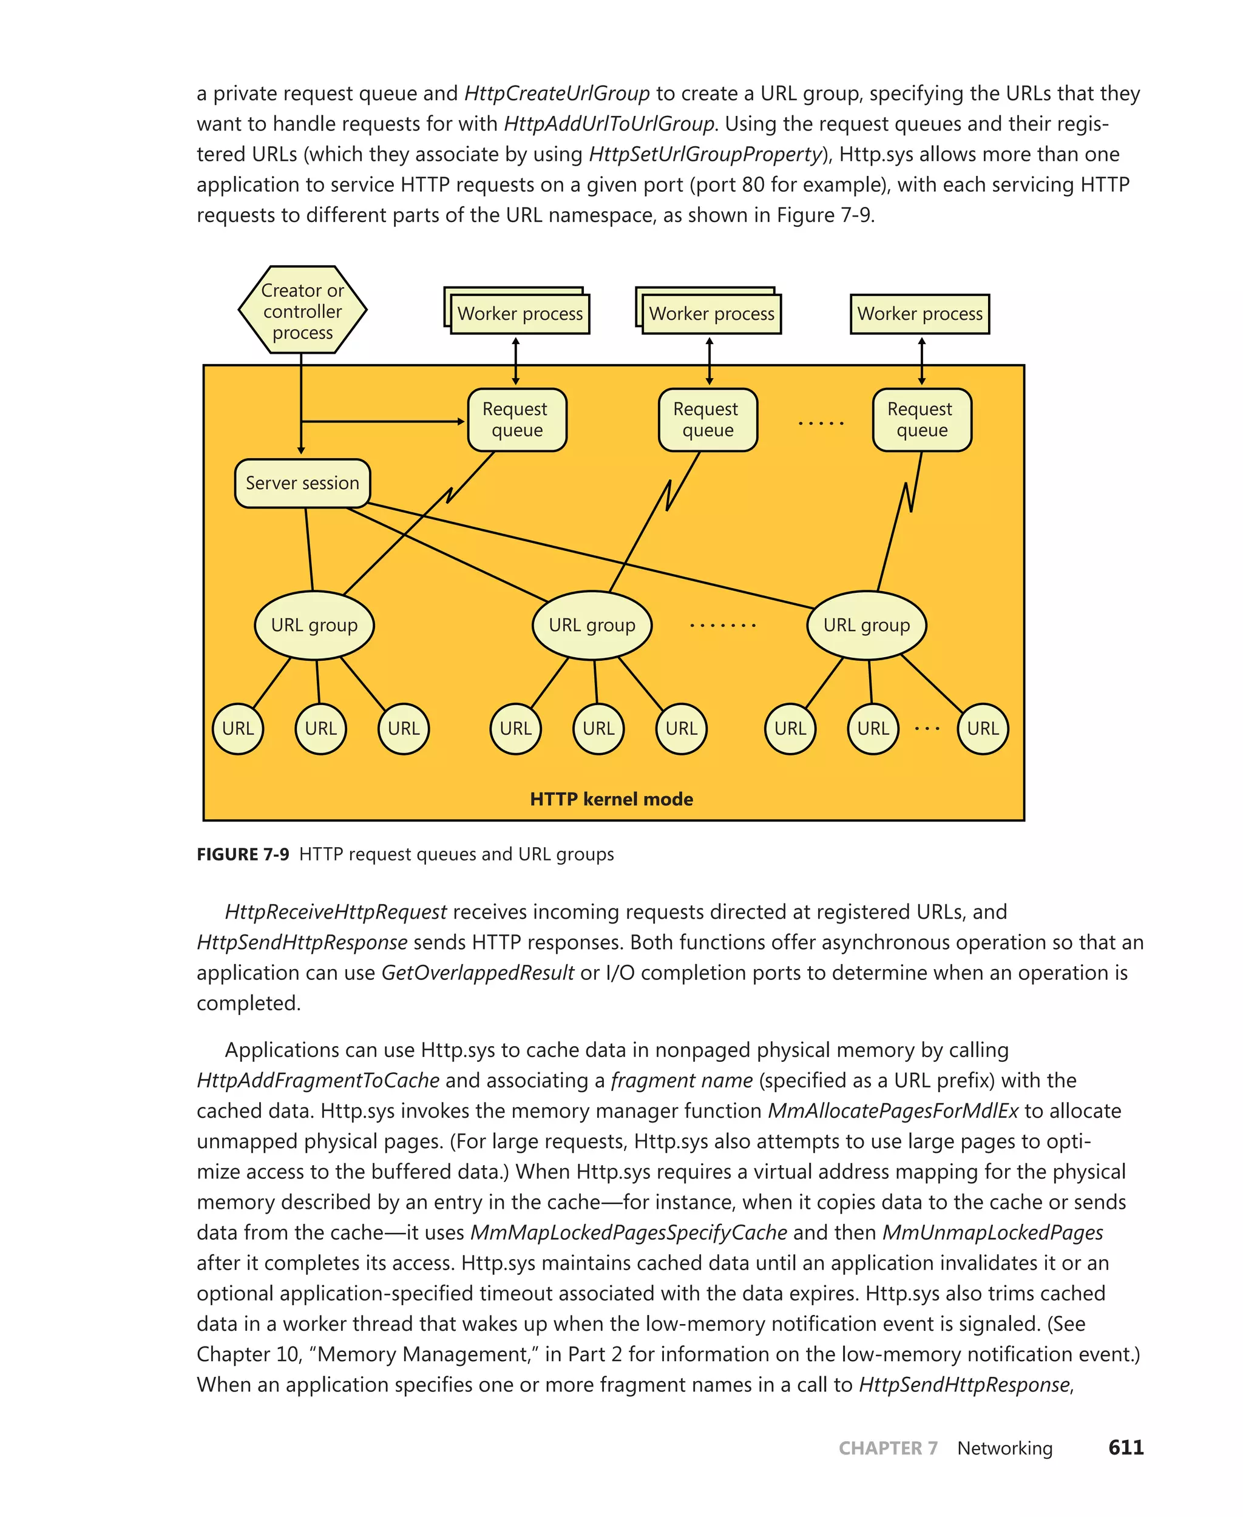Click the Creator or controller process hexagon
[x=302, y=310]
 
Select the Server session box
[x=302, y=483]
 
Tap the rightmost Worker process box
[x=920, y=314]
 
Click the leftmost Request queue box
[x=517, y=419]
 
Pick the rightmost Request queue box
[x=921, y=419]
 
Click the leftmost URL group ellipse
[x=314, y=625]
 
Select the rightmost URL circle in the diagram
[x=983, y=729]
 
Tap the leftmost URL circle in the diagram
[x=238, y=729]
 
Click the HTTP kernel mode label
[x=611, y=799]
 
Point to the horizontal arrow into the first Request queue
[x=383, y=421]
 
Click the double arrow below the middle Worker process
[x=709, y=361]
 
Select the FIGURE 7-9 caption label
[x=243, y=854]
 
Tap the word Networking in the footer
[x=1004, y=1448]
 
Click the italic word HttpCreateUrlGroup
[x=557, y=94]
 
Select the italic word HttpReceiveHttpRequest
[x=336, y=911]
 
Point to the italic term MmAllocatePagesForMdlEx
[x=893, y=1110]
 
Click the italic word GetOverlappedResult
[x=478, y=972]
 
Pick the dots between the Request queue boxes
[x=821, y=423]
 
